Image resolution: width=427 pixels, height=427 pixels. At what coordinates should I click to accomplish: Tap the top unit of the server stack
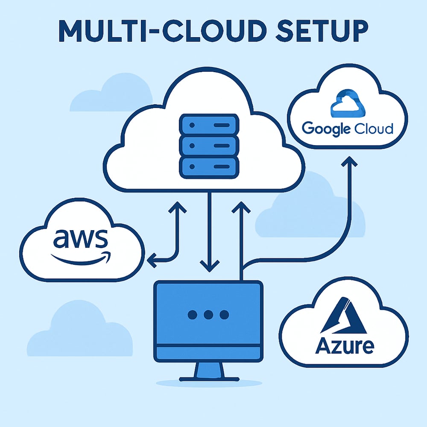click(x=208, y=125)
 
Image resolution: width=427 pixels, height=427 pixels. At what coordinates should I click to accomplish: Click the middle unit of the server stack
click(x=208, y=146)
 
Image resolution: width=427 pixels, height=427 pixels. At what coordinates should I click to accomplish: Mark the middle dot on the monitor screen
click(x=208, y=315)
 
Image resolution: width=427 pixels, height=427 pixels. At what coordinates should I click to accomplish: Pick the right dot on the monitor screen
click(x=224, y=315)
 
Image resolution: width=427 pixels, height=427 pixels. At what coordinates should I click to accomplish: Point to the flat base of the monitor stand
click(x=208, y=378)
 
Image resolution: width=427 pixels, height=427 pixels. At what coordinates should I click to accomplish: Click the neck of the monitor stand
click(x=208, y=369)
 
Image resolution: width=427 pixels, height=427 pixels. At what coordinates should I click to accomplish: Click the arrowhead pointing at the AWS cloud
click(x=151, y=259)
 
